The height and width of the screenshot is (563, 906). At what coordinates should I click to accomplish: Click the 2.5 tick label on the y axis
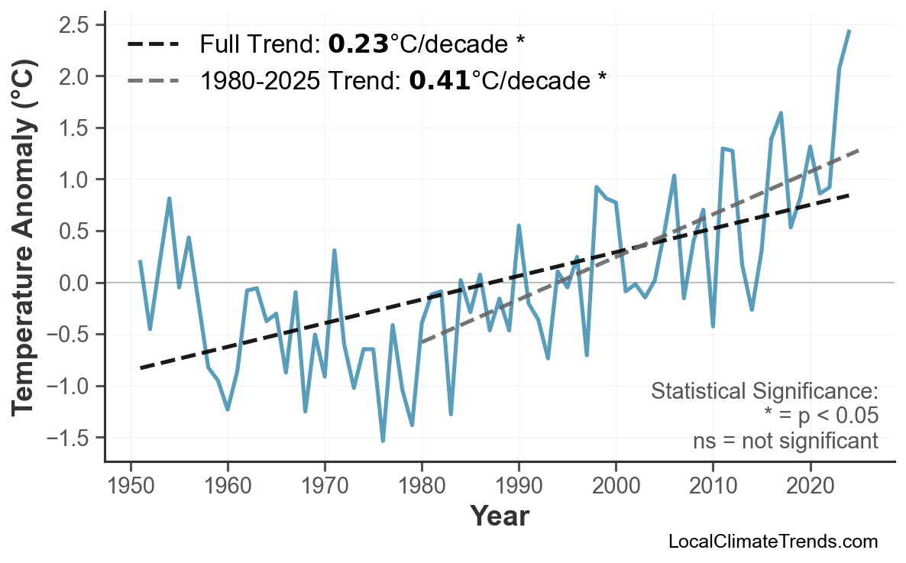76,25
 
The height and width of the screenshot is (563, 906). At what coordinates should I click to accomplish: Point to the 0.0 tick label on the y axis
76,283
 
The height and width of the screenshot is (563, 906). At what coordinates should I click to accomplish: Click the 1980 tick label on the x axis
422,487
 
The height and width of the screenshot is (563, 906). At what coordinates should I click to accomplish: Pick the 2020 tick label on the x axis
810,487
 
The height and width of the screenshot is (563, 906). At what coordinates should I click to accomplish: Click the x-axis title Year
499,517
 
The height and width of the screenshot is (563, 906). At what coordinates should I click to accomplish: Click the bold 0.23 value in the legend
358,45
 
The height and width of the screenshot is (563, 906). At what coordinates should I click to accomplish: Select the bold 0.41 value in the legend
439,80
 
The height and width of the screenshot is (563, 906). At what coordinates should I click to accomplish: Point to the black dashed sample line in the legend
153,45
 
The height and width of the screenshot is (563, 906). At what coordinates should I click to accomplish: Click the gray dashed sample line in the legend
153,80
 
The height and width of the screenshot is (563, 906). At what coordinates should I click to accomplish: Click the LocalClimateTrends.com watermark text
772,542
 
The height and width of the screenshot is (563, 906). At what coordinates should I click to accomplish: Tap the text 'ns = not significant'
785,441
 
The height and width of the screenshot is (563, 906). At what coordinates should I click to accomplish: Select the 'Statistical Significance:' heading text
764,392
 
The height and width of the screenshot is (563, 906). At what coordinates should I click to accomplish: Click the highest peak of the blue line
849,31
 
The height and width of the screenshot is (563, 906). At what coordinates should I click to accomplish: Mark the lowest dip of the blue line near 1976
383,441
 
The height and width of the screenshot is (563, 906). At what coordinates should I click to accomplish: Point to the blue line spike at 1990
519,226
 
